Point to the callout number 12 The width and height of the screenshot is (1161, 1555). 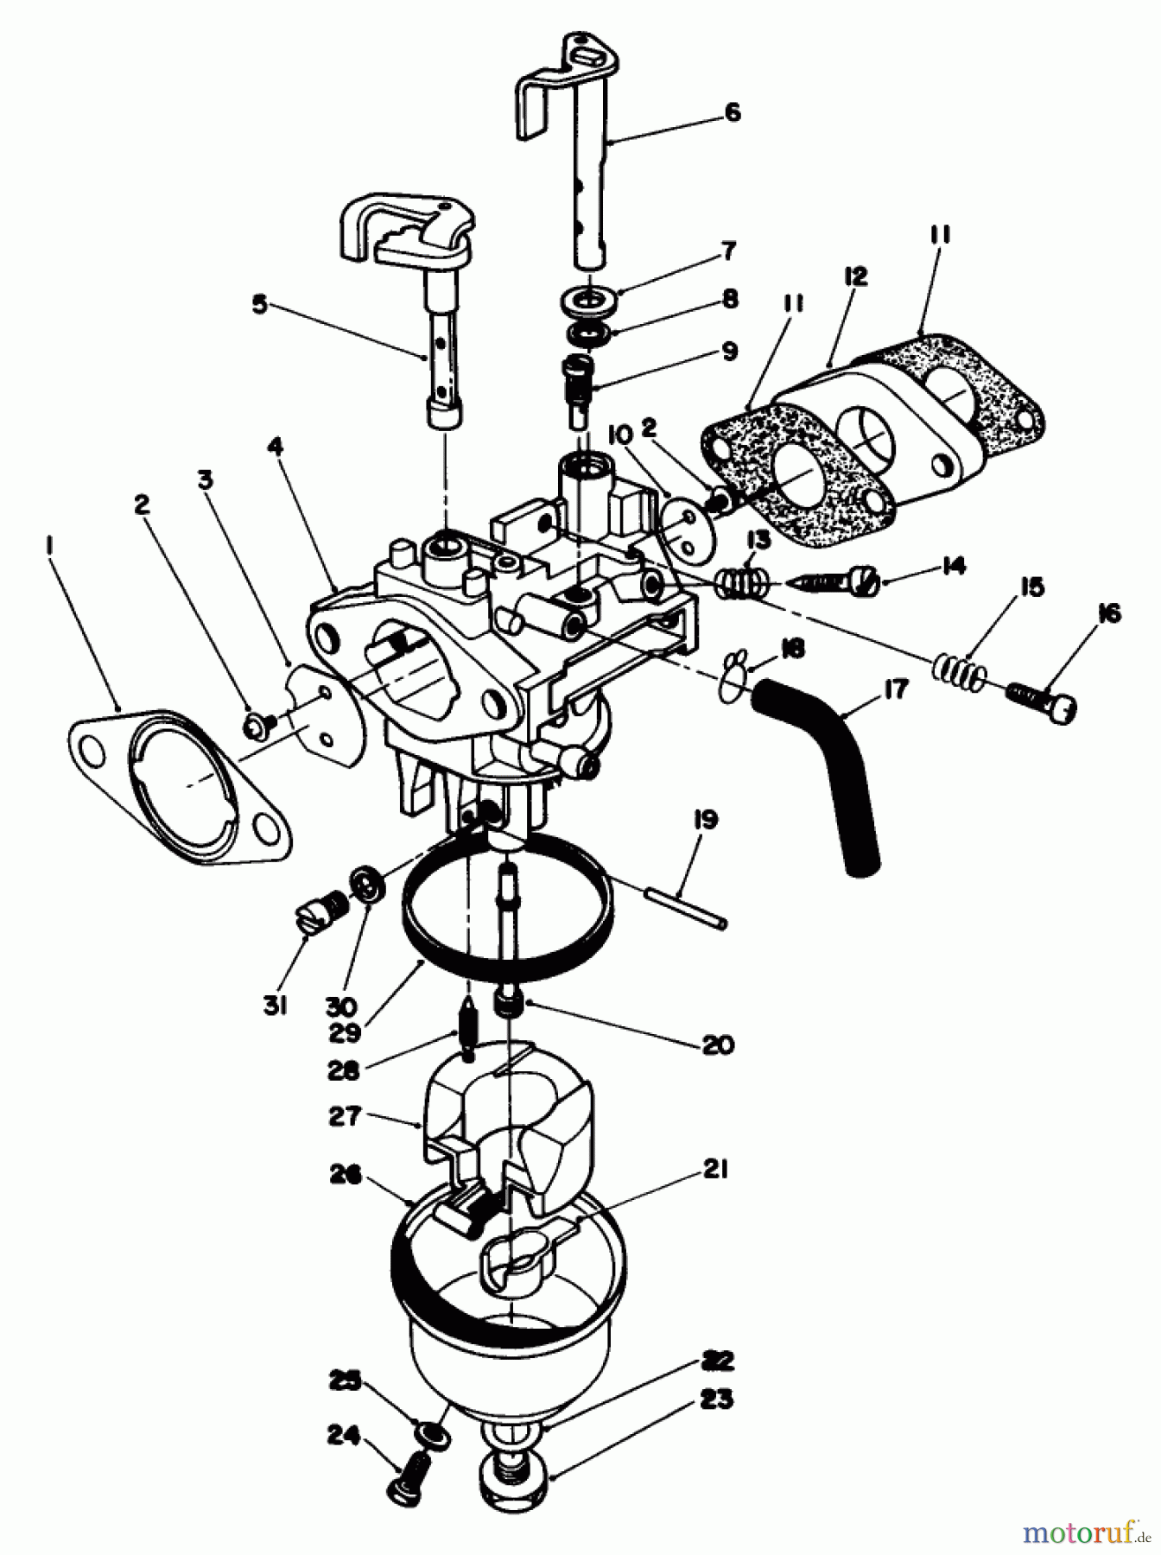[855, 277]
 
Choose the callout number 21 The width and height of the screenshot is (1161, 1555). [716, 1171]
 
